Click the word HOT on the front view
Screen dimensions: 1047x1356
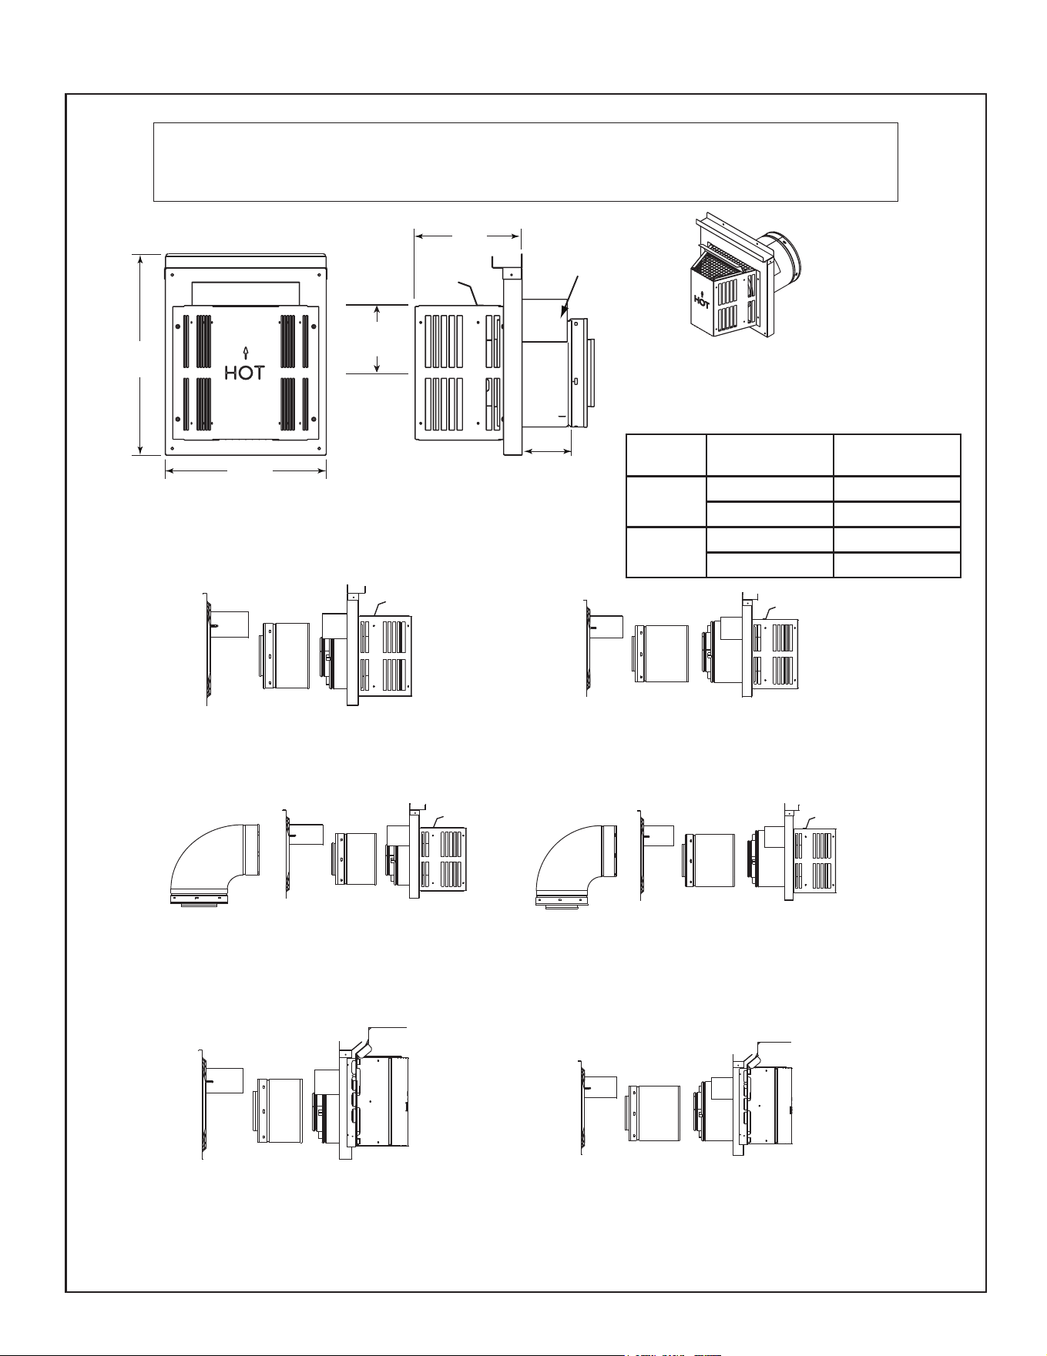coord(244,373)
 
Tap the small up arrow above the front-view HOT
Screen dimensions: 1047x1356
coord(245,353)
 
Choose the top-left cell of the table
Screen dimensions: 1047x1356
coord(666,455)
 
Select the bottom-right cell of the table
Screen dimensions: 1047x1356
coord(898,564)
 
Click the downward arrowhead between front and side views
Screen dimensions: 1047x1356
coord(377,365)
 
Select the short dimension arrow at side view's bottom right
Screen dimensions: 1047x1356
coord(548,451)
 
